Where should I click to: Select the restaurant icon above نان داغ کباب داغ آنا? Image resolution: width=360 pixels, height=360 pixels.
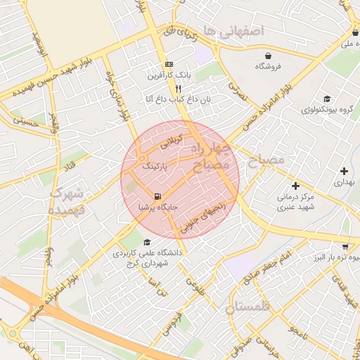pyautogui.click(x=178, y=89)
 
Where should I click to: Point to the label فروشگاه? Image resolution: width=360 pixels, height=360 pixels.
pyautogui.click(x=267, y=67)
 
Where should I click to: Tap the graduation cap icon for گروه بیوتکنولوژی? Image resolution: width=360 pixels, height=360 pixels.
pyautogui.click(x=326, y=98)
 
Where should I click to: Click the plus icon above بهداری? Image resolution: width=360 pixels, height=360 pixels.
pyautogui.click(x=344, y=171)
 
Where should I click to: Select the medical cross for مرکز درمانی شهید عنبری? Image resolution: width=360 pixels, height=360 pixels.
pyautogui.click(x=295, y=186)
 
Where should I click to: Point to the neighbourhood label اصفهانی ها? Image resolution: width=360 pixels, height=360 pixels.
pyautogui.click(x=231, y=30)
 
